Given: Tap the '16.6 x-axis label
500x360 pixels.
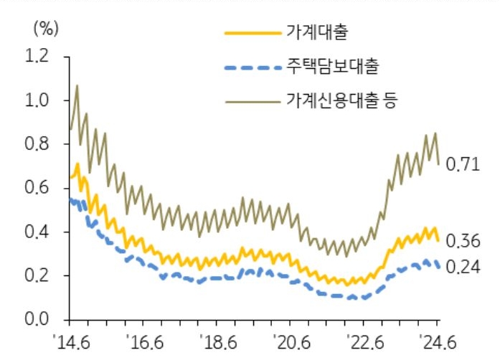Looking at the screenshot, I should (144, 341).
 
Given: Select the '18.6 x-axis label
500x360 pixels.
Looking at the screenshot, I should (217, 341).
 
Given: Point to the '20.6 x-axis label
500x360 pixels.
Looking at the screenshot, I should (291, 341).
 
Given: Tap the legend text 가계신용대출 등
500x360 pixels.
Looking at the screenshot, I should (341, 102).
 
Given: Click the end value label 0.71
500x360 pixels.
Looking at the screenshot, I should (462, 164).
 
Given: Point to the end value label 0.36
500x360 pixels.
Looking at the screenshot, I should (462, 240).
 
